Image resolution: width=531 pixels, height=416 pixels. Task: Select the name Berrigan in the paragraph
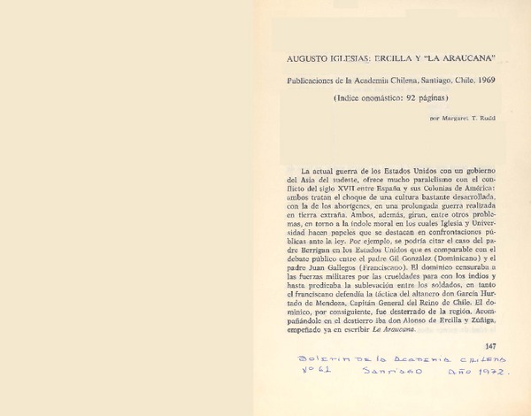(319, 246)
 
